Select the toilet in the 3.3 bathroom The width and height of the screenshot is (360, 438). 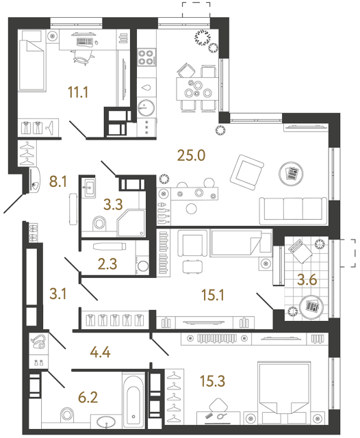[x=98, y=222]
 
